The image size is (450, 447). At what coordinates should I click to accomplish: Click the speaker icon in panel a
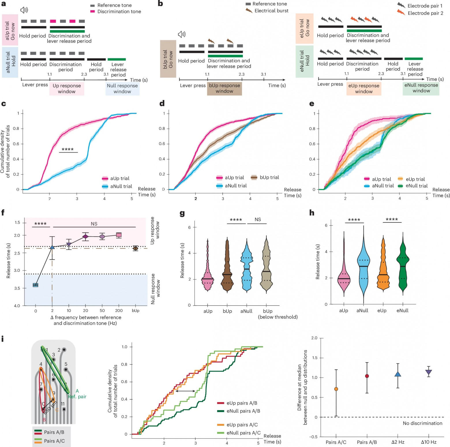coord(24,10)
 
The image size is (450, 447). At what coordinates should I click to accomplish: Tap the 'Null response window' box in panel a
coord(122,89)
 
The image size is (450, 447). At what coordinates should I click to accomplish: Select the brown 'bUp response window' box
coord(224,88)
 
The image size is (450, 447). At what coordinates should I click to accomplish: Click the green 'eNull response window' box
coord(421,88)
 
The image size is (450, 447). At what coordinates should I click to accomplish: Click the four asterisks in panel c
coord(68,149)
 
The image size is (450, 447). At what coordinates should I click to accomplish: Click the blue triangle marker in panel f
coord(52,247)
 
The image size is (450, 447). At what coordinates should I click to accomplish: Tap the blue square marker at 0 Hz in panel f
coord(35,285)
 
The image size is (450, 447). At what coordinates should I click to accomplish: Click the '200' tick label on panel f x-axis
coord(119,311)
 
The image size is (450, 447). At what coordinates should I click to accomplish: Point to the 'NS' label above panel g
coord(258,220)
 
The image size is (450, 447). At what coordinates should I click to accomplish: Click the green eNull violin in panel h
coord(403,265)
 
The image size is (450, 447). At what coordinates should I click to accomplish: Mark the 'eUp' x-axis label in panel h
coord(382,311)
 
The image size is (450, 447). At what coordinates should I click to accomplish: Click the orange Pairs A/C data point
coord(336,389)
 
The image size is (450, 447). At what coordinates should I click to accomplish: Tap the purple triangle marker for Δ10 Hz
coord(429,372)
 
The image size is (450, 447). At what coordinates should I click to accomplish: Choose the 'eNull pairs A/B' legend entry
coord(243,411)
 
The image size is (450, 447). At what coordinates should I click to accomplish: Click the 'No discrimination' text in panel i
coord(422,423)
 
